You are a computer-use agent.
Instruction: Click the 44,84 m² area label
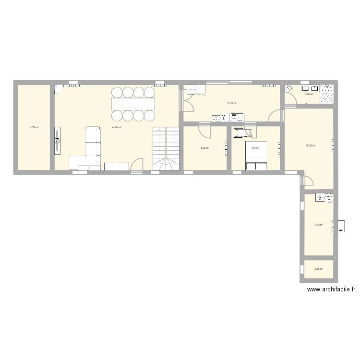point(117,128)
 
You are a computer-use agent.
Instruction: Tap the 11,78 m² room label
point(34,127)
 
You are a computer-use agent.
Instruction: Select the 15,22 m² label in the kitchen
point(231,103)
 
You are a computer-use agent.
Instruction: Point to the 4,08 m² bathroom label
point(308,94)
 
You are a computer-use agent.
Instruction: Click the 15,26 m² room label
point(311,145)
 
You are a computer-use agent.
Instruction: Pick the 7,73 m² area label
point(319,225)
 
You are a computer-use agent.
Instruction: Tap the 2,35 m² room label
point(319,269)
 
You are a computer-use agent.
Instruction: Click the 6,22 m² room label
point(205,148)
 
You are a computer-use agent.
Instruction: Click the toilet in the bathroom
point(289,89)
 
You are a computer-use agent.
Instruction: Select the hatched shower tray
point(327,93)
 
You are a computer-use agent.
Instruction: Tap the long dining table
point(134,104)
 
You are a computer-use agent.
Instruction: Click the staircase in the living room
point(166,148)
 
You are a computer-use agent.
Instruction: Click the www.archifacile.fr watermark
point(331,289)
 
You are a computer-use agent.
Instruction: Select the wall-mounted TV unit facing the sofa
point(58,140)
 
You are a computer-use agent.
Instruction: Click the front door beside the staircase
point(137,165)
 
